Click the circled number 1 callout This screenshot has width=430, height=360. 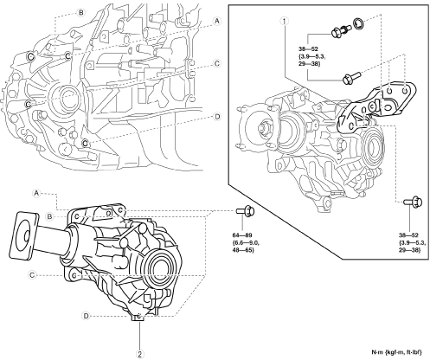pos(284,21)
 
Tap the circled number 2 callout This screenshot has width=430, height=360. pos(140,353)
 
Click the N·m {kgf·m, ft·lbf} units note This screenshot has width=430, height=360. pos(396,352)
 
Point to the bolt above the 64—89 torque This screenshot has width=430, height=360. pos(245,211)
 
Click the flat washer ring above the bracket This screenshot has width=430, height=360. pos(358,22)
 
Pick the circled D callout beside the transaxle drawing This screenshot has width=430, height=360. pos(217,117)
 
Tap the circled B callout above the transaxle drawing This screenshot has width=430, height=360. pos(81,13)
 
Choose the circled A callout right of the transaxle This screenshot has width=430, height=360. pos(217,21)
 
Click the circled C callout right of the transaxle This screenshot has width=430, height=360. pos(217,63)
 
